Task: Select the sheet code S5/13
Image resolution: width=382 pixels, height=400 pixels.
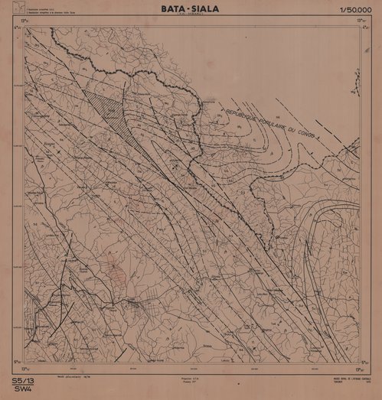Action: pos(22,380)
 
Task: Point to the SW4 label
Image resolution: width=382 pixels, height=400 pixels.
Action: pos(21,389)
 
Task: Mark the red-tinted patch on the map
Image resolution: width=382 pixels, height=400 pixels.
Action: pos(115,272)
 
